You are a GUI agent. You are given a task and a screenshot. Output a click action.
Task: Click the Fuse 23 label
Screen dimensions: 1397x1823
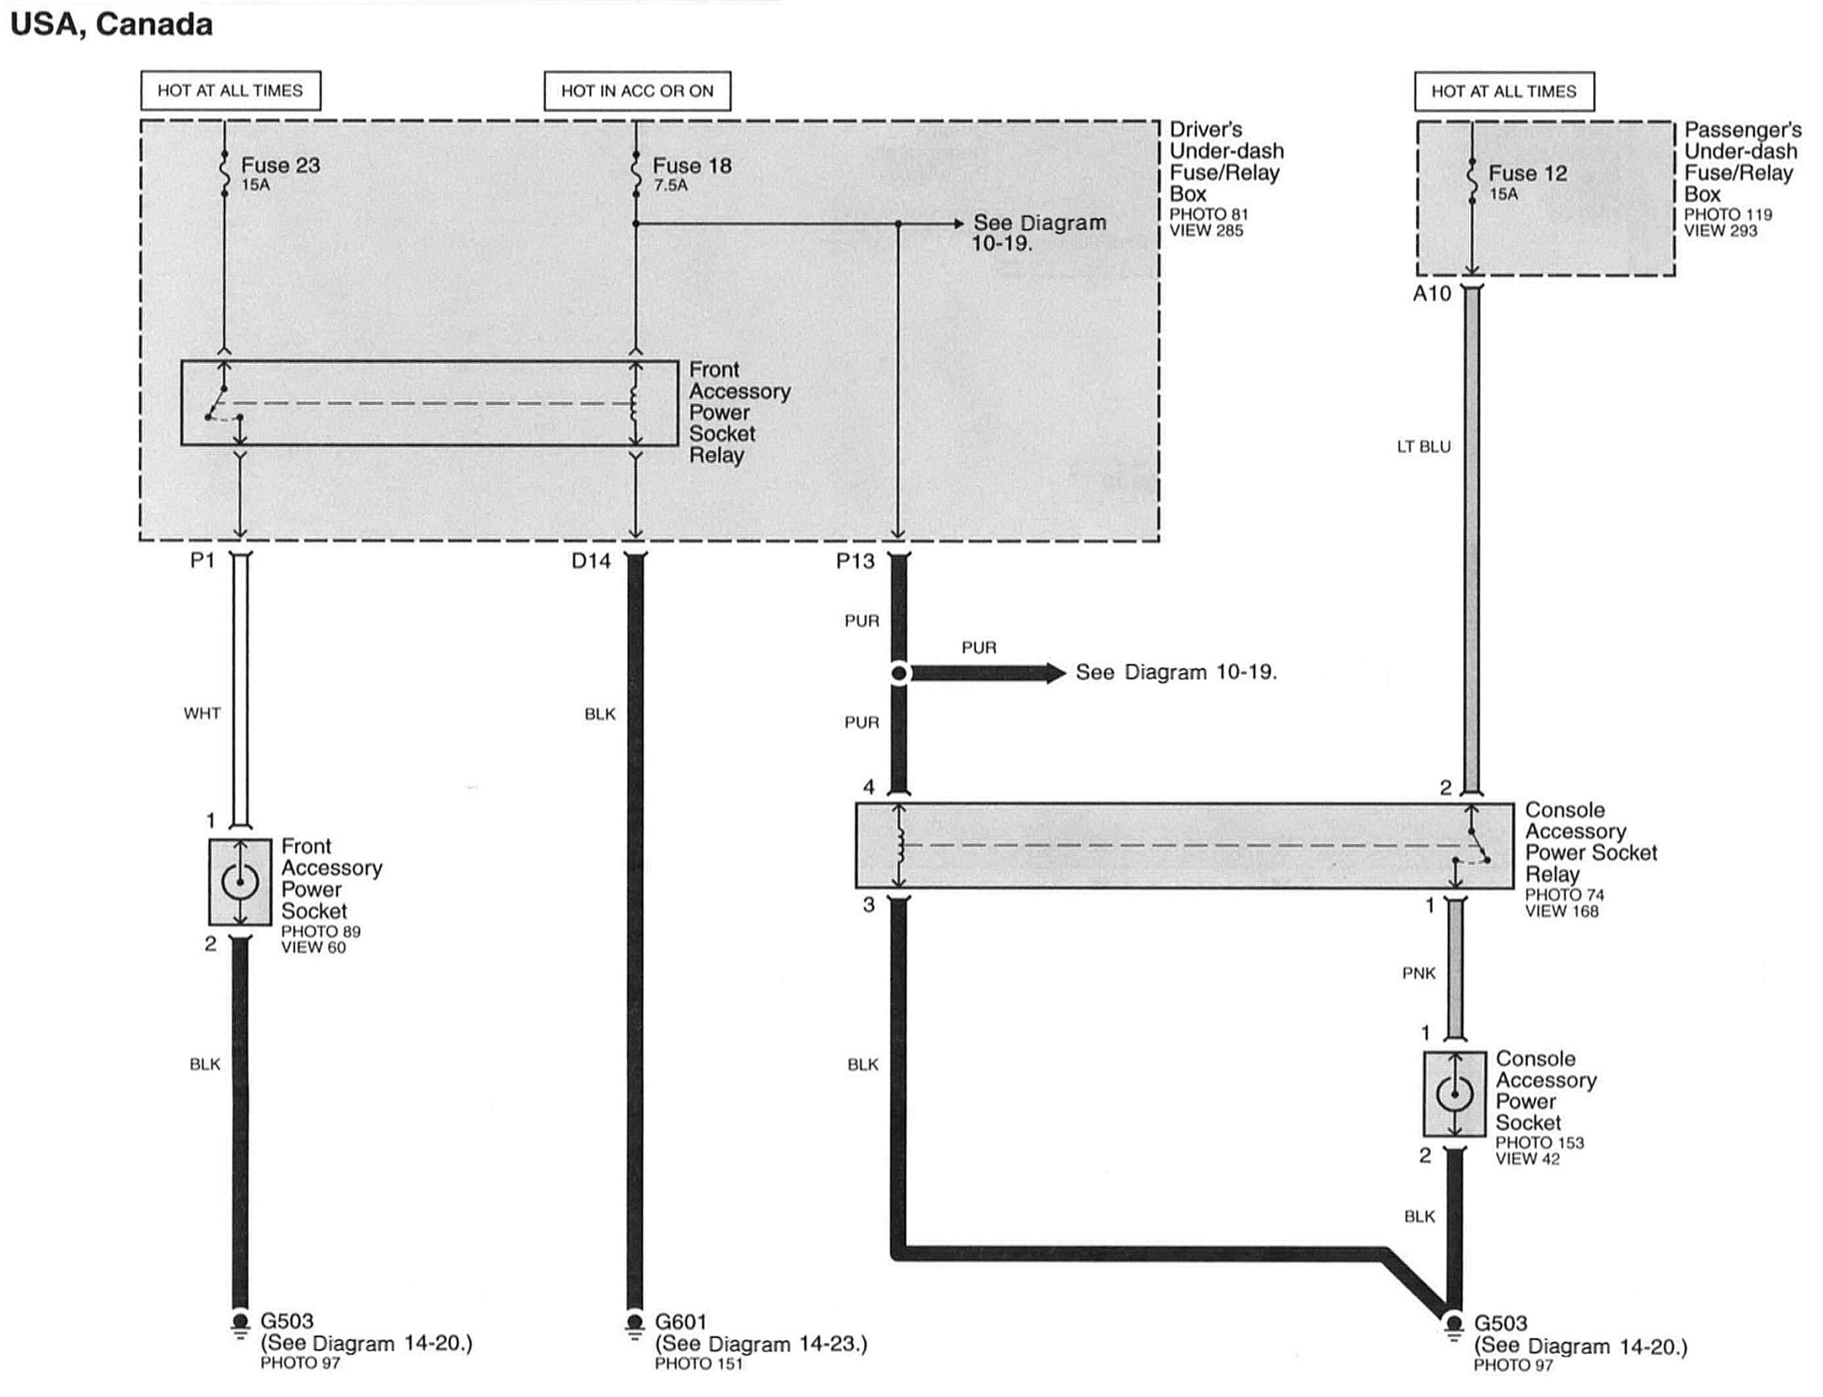point(281,165)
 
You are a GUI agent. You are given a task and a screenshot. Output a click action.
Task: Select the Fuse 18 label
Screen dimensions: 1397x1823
point(692,166)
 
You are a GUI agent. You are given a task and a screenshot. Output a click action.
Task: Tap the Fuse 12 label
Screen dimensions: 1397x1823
point(1527,174)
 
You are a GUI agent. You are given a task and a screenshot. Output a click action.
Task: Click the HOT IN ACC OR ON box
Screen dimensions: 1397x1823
point(637,91)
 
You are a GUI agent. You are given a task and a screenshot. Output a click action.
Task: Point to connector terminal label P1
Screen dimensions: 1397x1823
point(202,560)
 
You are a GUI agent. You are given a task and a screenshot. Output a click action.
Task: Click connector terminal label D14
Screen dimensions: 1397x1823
point(590,561)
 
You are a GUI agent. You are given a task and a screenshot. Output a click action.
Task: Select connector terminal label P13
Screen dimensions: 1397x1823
point(855,561)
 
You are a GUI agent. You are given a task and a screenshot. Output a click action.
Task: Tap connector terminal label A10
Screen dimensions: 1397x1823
point(1432,293)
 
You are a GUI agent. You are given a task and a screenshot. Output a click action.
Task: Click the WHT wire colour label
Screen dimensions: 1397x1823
point(202,714)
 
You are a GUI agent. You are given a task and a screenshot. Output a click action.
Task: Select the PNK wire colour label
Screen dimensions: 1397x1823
point(1418,973)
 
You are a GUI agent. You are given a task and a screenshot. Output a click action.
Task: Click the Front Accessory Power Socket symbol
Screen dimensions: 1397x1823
point(239,881)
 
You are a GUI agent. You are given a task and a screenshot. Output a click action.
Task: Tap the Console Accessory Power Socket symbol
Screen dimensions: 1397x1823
point(1454,1094)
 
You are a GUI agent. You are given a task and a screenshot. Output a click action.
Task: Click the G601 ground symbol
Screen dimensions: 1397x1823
point(635,1323)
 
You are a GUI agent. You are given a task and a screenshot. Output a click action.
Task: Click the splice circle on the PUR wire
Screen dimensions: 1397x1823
point(899,673)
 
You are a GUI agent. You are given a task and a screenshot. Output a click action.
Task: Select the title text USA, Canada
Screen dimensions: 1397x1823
point(112,25)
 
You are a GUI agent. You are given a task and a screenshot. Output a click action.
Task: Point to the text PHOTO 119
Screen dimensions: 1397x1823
point(1727,215)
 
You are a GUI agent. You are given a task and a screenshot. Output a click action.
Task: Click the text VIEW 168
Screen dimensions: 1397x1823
point(1561,911)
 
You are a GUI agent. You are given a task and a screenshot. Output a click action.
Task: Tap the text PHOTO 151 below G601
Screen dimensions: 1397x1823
point(697,1364)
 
